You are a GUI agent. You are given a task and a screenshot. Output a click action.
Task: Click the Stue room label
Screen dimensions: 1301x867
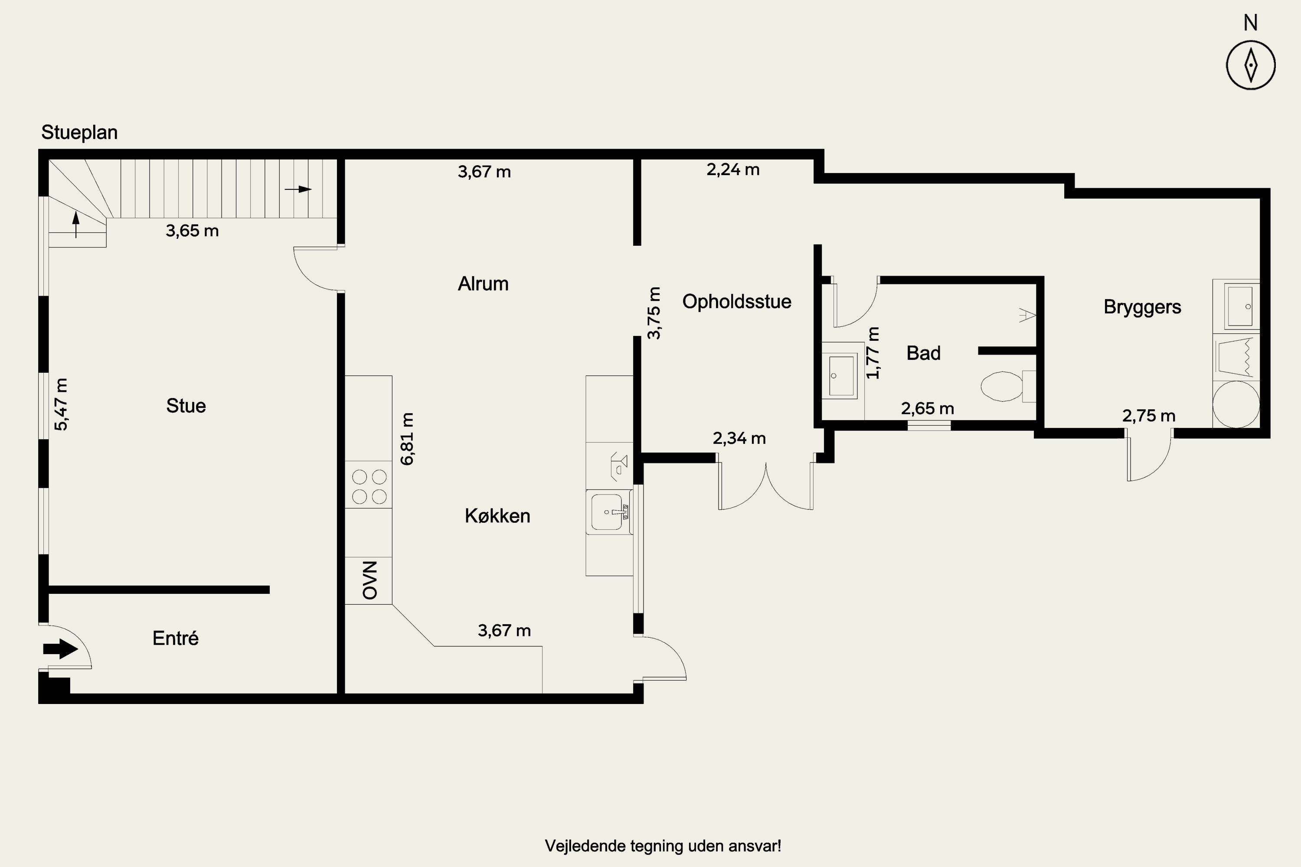(186, 406)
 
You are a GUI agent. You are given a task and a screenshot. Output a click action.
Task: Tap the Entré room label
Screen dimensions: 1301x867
(175, 638)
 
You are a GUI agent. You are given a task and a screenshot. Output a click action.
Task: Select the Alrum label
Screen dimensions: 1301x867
(483, 284)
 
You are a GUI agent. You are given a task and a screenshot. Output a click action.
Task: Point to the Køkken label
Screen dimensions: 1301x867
(497, 516)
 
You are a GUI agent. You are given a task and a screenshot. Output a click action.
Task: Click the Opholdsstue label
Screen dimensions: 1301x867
(737, 301)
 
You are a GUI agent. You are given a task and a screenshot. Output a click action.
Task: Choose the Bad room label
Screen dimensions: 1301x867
(923, 353)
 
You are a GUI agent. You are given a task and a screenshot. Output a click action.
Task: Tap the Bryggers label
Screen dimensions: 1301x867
(1142, 307)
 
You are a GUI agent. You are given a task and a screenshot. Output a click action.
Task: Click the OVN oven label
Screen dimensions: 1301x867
(369, 580)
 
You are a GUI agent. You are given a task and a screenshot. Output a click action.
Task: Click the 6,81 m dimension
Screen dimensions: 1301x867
(407, 439)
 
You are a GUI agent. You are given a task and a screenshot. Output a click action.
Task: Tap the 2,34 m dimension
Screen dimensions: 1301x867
(739, 438)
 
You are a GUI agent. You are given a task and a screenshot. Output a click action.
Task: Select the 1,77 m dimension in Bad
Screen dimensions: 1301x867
(873, 353)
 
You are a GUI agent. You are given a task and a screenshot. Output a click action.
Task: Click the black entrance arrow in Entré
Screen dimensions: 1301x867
(60, 648)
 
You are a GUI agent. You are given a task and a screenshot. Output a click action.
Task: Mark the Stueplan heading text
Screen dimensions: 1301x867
(79, 133)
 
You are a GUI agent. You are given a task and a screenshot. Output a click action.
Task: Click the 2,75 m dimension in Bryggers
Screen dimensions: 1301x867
(1149, 416)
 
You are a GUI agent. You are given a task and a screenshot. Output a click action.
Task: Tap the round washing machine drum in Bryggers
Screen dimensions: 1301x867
(1236, 404)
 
